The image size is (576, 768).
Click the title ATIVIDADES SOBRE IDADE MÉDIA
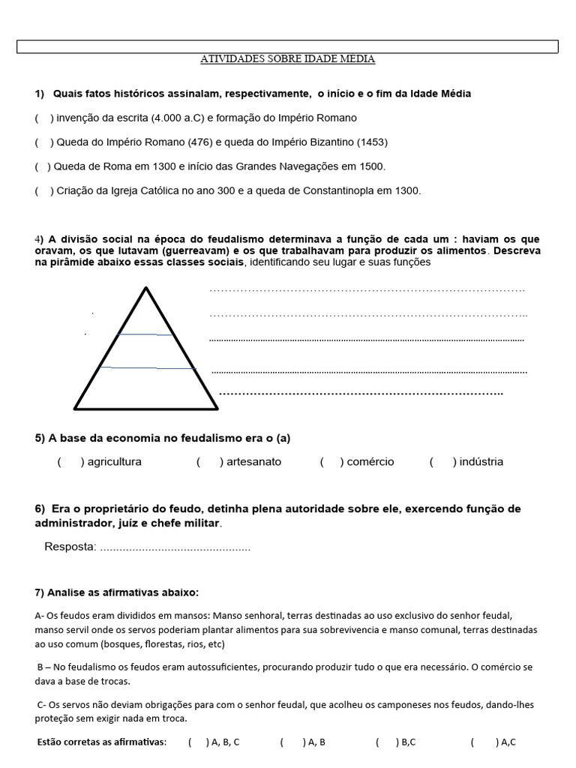(287, 58)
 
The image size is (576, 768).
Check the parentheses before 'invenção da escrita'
(43, 118)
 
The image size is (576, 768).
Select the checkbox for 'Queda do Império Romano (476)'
(43, 142)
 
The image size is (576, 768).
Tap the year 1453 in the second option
(372, 142)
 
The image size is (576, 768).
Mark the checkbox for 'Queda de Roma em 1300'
(42, 166)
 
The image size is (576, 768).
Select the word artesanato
(253, 462)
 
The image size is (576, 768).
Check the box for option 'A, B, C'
(197, 742)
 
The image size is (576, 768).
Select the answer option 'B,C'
(408, 742)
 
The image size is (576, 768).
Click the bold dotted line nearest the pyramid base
(360, 393)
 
